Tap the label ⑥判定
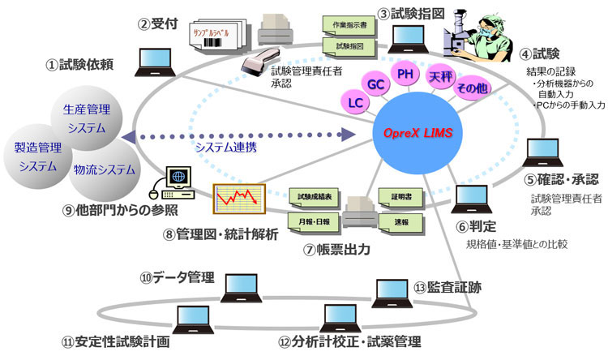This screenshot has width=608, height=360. pos(486,225)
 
